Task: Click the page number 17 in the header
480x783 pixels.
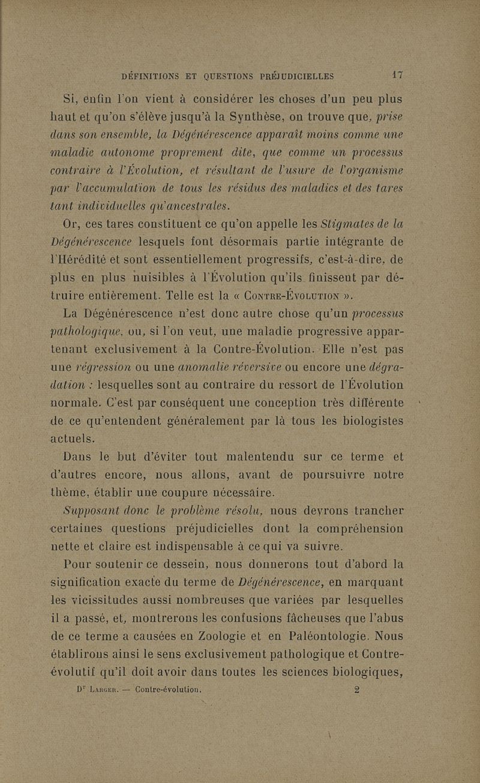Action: tap(395, 76)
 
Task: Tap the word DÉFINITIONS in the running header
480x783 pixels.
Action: tap(149, 76)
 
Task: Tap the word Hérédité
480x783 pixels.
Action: tap(90, 262)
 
